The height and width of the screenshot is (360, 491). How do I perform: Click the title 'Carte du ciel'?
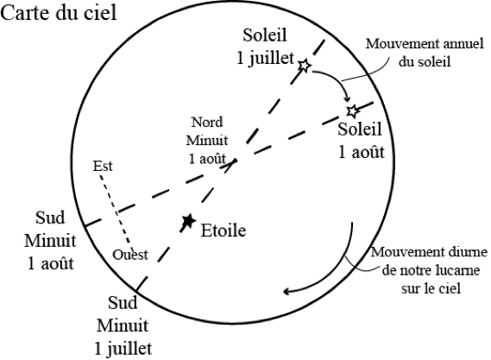pyautogui.click(x=59, y=13)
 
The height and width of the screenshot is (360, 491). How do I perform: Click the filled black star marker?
pyautogui.click(x=188, y=221)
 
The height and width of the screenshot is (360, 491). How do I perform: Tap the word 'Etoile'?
pyautogui.click(x=223, y=231)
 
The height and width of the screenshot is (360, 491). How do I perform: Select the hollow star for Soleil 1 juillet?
pyautogui.click(x=304, y=66)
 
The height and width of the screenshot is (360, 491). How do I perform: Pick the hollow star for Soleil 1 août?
pyautogui.click(x=353, y=111)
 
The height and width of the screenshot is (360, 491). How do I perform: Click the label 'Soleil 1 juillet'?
pyautogui.click(x=265, y=47)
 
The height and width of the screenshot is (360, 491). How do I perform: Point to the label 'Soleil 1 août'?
pyautogui.click(x=361, y=141)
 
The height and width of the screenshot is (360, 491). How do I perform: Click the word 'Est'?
pyautogui.click(x=103, y=166)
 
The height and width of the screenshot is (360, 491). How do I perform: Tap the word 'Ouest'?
pyautogui.click(x=130, y=255)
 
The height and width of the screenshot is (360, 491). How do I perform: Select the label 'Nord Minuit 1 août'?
pyautogui.click(x=207, y=141)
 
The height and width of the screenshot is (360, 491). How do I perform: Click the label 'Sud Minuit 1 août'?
pyautogui.click(x=50, y=241)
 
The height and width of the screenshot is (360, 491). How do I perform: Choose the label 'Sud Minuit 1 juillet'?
pyautogui.click(x=123, y=325)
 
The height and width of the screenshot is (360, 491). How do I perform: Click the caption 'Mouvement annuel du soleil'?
pyautogui.click(x=425, y=53)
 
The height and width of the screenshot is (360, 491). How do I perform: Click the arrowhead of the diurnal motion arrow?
pyautogui.click(x=286, y=292)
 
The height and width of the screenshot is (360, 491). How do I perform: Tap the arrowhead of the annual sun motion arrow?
pyautogui.click(x=347, y=99)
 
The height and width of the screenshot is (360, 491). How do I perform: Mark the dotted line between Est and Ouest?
pyautogui.click(x=116, y=209)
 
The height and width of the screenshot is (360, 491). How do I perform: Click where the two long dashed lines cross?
pyautogui.click(x=234, y=161)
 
